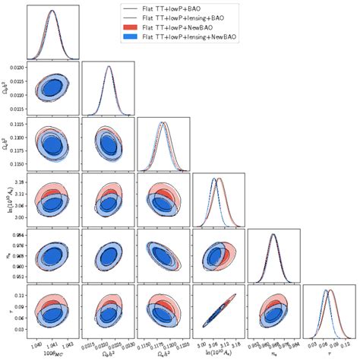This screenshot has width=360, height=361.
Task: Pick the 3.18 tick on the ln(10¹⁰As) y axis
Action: (17, 182)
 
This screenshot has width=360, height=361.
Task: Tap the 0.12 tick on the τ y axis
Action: (17, 295)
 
